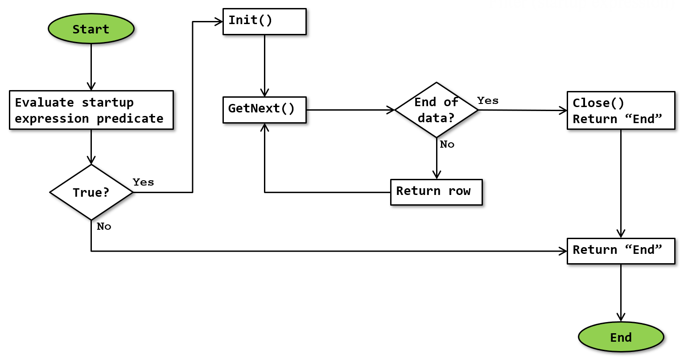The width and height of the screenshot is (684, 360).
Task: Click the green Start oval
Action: tap(91, 29)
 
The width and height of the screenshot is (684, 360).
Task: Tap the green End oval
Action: tap(621, 337)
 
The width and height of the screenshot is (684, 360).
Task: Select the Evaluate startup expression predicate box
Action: tap(91, 110)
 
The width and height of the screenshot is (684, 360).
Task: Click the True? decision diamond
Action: tap(91, 192)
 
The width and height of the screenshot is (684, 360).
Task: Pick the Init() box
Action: tap(264, 21)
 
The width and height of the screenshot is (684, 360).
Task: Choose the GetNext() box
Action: tap(264, 109)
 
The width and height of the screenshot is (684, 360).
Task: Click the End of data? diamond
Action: tap(437, 110)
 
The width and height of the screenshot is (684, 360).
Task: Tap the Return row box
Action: tap(436, 192)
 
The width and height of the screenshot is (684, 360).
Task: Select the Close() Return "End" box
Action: tap(621, 111)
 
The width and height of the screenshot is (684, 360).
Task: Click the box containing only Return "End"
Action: tap(621, 251)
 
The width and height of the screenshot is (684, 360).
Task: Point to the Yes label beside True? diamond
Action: tap(143, 182)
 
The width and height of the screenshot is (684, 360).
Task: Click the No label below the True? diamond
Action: tap(104, 226)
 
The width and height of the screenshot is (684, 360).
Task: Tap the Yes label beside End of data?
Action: tap(488, 100)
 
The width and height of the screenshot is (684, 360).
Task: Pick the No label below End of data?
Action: tap(447, 144)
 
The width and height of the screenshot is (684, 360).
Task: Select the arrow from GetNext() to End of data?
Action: tap(350, 110)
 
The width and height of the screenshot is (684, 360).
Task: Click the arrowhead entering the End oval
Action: tap(621, 317)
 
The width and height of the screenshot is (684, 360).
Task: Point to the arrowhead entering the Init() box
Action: tap(218, 21)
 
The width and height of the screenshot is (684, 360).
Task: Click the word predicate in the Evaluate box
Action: tap(130, 119)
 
